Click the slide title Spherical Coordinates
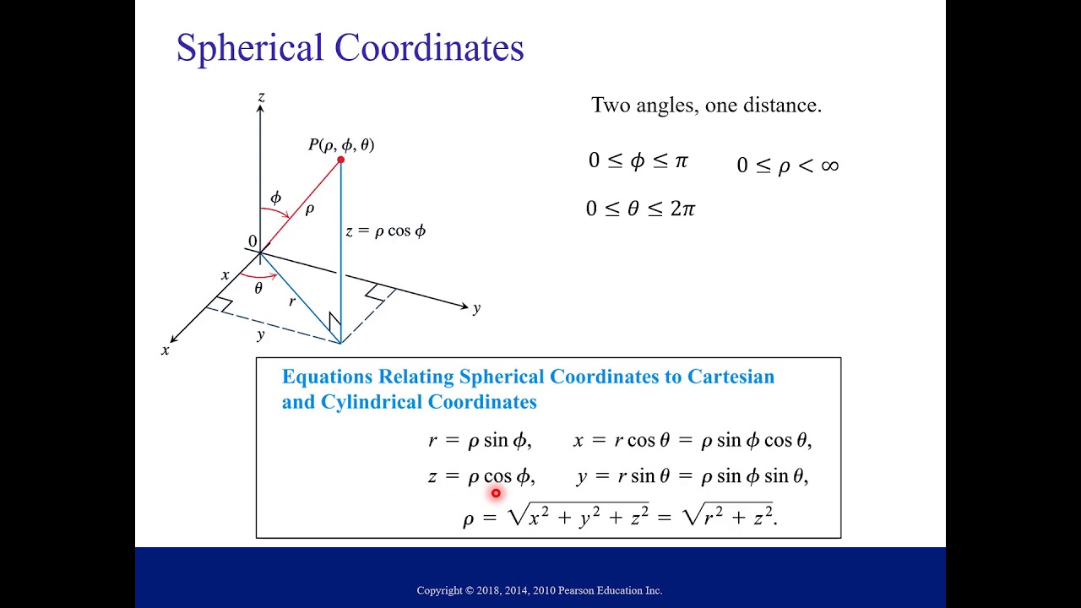(x=350, y=48)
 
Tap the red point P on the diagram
(x=340, y=160)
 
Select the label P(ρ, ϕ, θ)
(x=341, y=144)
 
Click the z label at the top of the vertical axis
(x=261, y=98)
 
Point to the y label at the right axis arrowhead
(x=477, y=308)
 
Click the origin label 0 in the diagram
(x=252, y=242)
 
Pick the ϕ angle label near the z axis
(x=275, y=198)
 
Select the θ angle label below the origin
(x=258, y=289)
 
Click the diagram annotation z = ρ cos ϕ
(x=385, y=231)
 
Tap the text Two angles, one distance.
(x=706, y=106)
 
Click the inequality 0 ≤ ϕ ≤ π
(x=638, y=160)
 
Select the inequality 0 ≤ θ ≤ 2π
(x=640, y=209)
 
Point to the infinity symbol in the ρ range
(x=829, y=166)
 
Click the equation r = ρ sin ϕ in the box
(x=480, y=440)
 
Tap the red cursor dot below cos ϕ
(x=496, y=493)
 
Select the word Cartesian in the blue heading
(x=731, y=377)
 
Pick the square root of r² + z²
(x=728, y=515)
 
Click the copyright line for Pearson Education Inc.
(x=540, y=590)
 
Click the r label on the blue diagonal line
(x=292, y=301)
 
